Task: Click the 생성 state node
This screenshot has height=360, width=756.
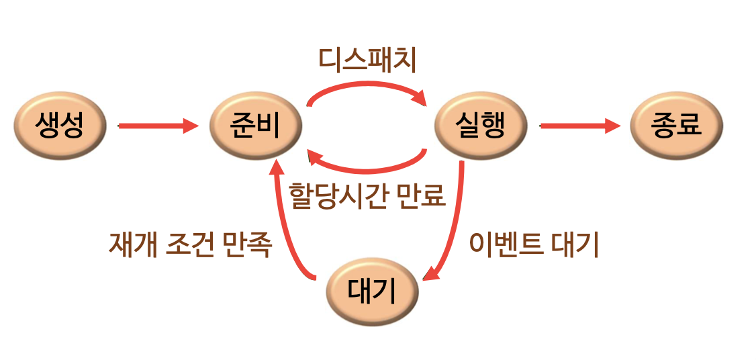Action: tap(61, 125)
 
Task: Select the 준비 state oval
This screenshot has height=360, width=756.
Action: tap(256, 125)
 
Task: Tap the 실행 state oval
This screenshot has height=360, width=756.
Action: tap(480, 125)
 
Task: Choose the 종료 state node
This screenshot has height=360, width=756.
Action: tap(676, 125)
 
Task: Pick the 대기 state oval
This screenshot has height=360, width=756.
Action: tap(373, 291)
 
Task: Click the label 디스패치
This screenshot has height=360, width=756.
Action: tap(368, 60)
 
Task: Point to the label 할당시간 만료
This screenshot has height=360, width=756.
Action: tap(367, 195)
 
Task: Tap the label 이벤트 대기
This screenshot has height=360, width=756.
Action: tap(534, 246)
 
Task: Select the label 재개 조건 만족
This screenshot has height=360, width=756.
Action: tap(190, 244)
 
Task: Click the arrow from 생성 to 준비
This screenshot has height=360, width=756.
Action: tap(158, 125)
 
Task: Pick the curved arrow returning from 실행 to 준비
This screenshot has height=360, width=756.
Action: tap(366, 167)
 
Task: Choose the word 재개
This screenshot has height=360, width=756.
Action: tap(132, 244)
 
